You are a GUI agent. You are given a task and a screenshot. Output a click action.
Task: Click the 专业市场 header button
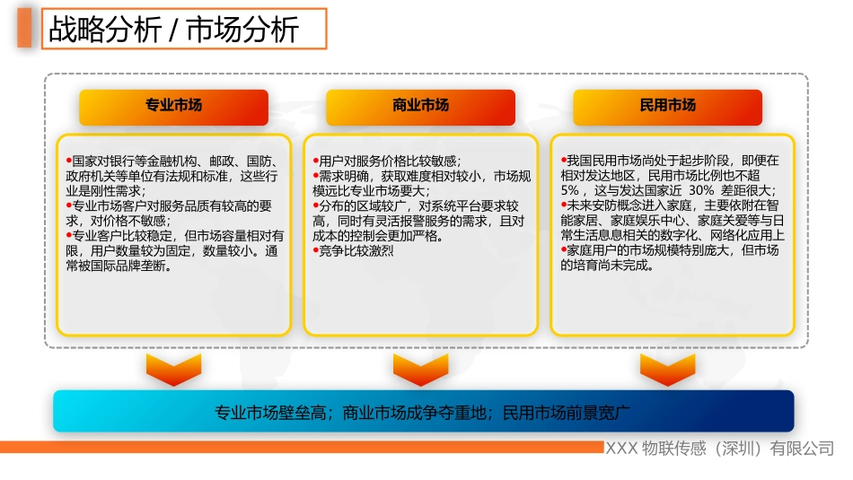click(x=173, y=106)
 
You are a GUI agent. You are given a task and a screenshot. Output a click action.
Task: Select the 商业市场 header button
click(x=420, y=106)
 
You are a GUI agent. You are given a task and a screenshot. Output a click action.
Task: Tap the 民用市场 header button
click(x=667, y=106)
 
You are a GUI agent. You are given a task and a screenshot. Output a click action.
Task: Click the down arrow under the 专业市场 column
click(x=173, y=368)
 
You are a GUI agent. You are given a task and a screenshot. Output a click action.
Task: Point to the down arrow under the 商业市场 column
click(x=420, y=368)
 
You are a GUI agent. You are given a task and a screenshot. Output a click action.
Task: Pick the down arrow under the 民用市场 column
click(x=667, y=368)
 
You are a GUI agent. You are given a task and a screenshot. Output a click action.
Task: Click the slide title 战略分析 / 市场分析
click(x=174, y=31)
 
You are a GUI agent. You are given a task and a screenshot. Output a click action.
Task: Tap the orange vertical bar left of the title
click(x=25, y=31)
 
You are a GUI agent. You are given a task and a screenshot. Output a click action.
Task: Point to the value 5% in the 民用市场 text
click(x=569, y=191)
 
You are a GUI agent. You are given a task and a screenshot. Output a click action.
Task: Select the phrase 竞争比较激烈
click(x=356, y=251)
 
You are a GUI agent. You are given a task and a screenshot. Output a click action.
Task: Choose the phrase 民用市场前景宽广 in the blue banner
click(x=566, y=413)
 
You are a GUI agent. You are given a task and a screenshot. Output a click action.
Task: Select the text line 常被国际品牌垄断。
click(x=118, y=266)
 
